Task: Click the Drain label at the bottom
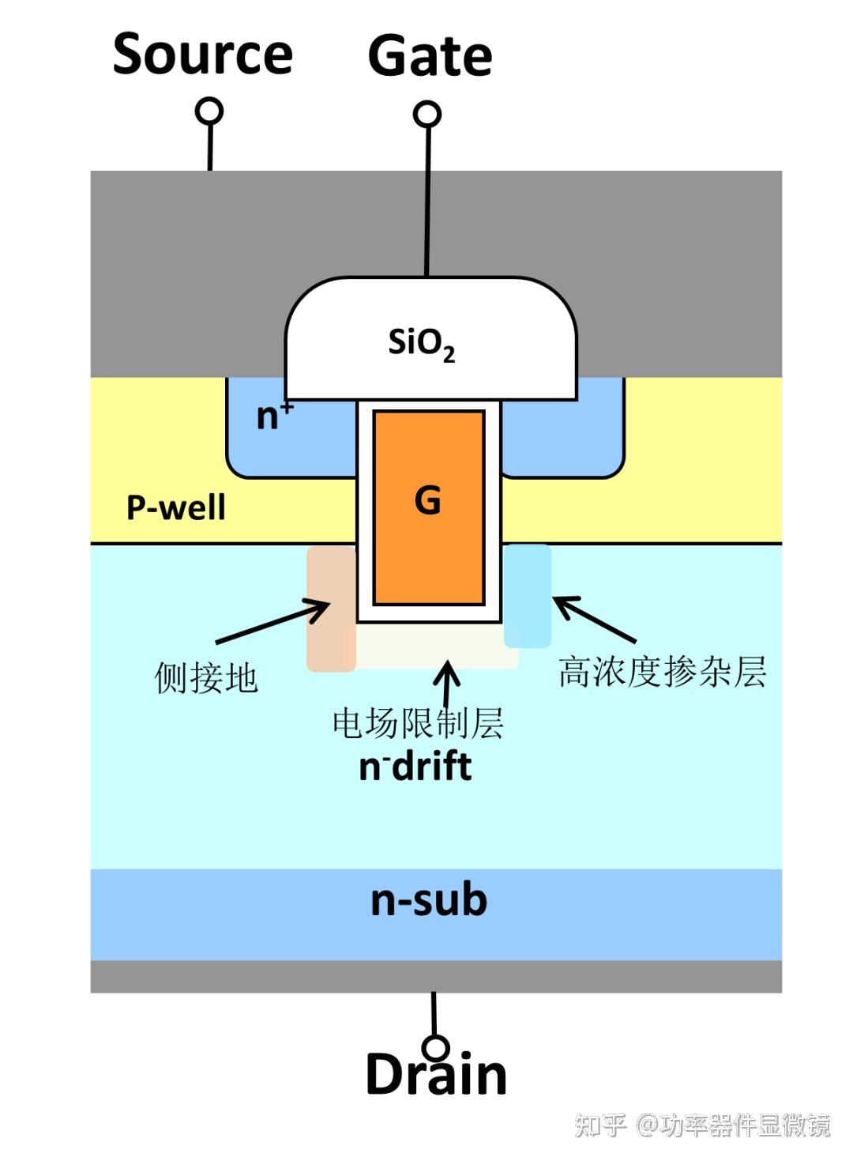pos(436,1075)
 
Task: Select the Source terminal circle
pos(209,111)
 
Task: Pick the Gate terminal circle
pos(427,114)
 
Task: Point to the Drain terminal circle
pos(435,1047)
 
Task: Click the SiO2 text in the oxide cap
pos(421,344)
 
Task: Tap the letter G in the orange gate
pos(428,500)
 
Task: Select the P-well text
pos(175,507)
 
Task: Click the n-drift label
pos(415,767)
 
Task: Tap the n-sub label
pos(429,901)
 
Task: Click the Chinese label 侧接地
pos(206,678)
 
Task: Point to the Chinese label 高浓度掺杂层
pos(662,672)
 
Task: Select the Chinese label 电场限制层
pos(418,723)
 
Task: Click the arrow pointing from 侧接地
pos(273,621)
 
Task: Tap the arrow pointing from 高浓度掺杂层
pos(594,619)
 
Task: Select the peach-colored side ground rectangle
pos(330,609)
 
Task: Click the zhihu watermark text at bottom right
pos(702,1125)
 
